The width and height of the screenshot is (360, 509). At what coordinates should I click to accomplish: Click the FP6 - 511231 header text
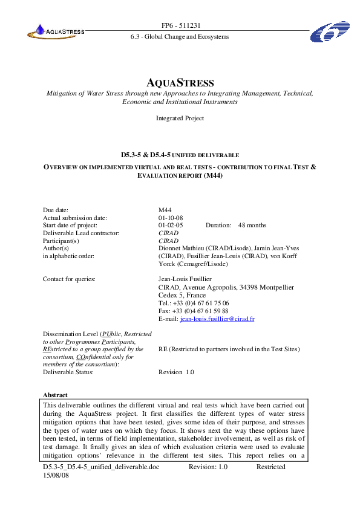point(180,25)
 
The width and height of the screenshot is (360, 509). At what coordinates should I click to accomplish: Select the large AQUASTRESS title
point(180,82)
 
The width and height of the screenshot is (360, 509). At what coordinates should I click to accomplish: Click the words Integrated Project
point(180,118)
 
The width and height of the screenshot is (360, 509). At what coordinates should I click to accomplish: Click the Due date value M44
point(165,210)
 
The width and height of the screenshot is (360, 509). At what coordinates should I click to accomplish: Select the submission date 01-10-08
point(171,218)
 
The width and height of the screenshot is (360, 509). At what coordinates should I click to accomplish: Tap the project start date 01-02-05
point(171,225)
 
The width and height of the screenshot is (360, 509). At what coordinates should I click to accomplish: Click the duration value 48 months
point(252,225)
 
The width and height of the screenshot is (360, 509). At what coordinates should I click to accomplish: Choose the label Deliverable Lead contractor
point(81,233)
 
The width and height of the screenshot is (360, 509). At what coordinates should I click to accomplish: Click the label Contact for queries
point(70,279)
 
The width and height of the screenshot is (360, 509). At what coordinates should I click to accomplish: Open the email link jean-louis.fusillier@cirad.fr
point(215,318)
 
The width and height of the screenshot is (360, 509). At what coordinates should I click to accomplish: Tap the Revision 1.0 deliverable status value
point(176,372)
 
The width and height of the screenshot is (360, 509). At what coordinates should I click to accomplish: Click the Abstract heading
point(55,395)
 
